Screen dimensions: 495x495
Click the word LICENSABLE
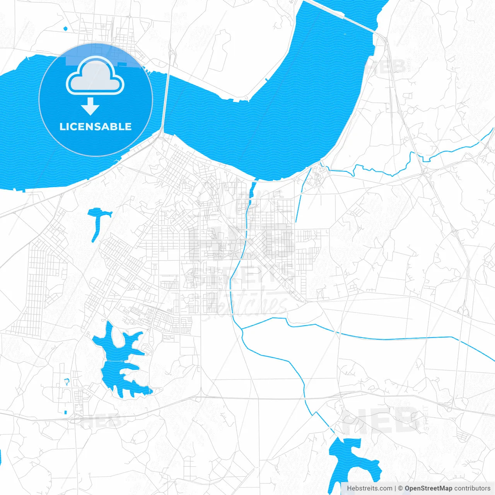click(x=96, y=126)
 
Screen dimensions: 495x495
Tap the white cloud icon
click(x=95, y=76)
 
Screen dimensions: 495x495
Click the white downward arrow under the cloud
click(x=90, y=106)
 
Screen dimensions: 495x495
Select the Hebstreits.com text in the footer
click(x=369, y=488)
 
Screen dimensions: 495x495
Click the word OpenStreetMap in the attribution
click(x=428, y=488)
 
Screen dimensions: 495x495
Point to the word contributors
click(x=472, y=488)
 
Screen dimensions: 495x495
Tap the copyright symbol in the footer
click(x=400, y=488)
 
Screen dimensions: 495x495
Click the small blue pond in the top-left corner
click(x=65, y=28)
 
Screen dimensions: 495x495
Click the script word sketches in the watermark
click(x=247, y=306)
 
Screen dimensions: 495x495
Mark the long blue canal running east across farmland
click(x=387, y=339)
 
